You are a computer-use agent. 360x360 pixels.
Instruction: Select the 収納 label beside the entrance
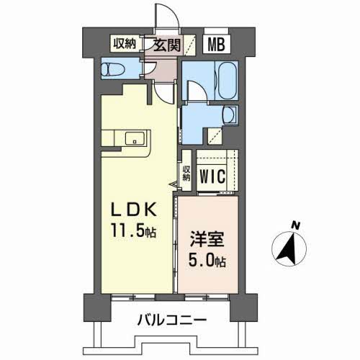point(124,43)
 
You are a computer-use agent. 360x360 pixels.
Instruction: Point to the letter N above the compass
point(294,225)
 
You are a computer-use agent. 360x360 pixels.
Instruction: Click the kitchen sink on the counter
point(133,138)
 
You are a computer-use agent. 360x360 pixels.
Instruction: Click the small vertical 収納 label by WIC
point(185,174)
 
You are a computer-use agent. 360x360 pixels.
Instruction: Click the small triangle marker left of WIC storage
point(174,184)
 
